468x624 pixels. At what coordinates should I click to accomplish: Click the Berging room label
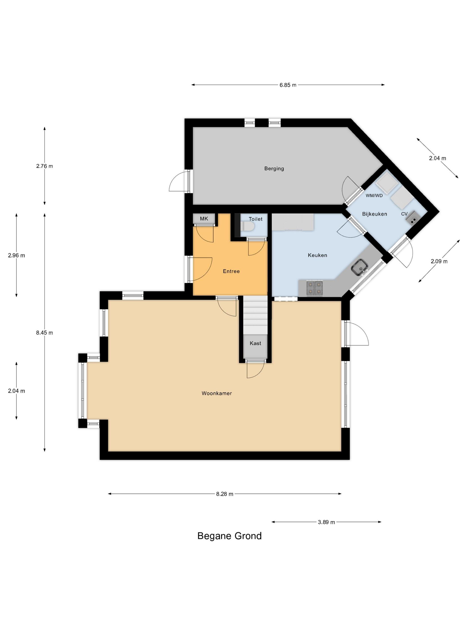coord(274,168)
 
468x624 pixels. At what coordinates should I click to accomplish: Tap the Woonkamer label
coord(217,393)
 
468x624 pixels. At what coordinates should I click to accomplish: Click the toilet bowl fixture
coord(248,226)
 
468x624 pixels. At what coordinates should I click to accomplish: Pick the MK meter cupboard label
coord(204,219)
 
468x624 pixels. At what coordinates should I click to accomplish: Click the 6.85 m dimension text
coord(288,85)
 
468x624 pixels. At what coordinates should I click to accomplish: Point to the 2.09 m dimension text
coord(439,261)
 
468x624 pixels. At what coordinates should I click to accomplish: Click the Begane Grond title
coord(229,536)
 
